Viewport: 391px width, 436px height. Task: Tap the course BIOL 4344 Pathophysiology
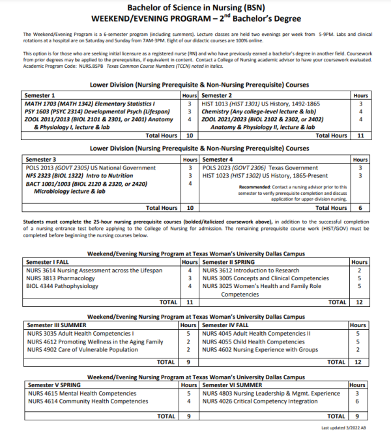[61, 285]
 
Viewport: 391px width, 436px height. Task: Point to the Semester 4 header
[218, 159]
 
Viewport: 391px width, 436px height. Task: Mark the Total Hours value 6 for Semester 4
[360, 208]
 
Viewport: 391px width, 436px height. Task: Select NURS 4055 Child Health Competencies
[253, 342]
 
